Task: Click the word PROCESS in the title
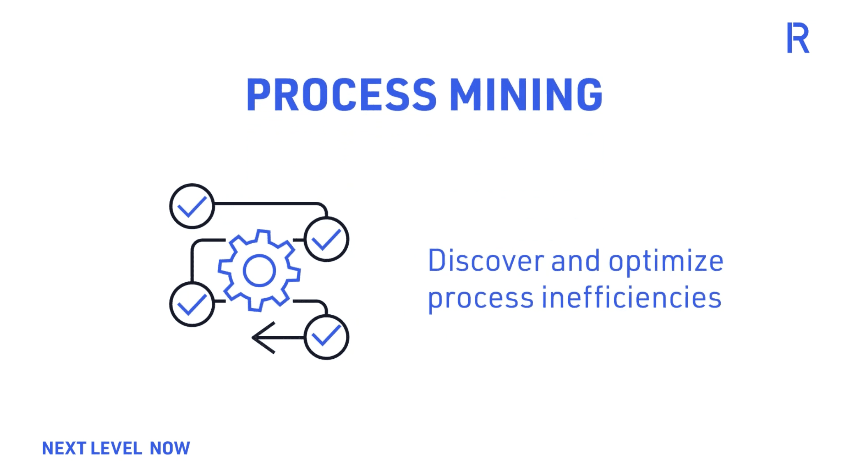[341, 95]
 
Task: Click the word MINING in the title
[526, 95]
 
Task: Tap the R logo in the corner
[798, 38]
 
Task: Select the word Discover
[486, 261]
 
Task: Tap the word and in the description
[576, 261]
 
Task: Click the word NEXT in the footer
[64, 448]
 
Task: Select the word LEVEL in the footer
[116, 448]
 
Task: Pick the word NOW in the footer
[170, 448]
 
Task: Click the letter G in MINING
[589, 95]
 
